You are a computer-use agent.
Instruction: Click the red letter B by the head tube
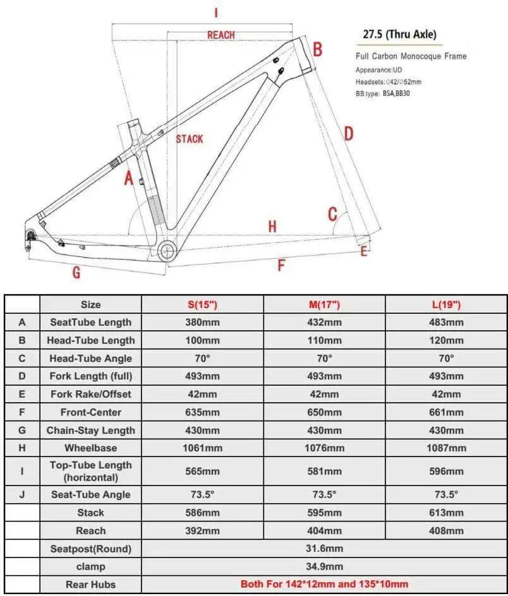pyautogui.click(x=318, y=49)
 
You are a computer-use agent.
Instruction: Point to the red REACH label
pyautogui.click(x=221, y=35)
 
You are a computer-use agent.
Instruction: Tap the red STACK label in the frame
pyautogui.click(x=190, y=139)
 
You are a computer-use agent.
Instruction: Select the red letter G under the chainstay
pyautogui.click(x=76, y=273)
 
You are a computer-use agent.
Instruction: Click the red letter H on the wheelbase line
pyautogui.click(x=272, y=227)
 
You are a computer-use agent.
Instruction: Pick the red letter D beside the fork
pyautogui.click(x=348, y=133)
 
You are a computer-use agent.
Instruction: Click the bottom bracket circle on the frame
pyautogui.click(x=167, y=251)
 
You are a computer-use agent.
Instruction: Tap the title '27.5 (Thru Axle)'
pyautogui.click(x=399, y=34)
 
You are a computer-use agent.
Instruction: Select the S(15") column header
pyautogui.click(x=202, y=304)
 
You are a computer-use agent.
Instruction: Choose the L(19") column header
pyautogui.click(x=446, y=304)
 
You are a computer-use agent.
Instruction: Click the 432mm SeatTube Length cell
pyautogui.click(x=324, y=322)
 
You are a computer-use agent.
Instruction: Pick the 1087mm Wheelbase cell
pyautogui.click(x=446, y=448)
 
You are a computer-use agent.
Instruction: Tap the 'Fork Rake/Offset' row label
pyautogui.click(x=90, y=394)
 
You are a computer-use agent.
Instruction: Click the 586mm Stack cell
pyautogui.click(x=202, y=513)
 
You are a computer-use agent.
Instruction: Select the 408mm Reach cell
pyautogui.click(x=446, y=531)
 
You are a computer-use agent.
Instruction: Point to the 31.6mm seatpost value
pyautogui.click(x=324, y=549)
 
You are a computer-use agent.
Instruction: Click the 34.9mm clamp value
pyautogui.click(x=324, y=566)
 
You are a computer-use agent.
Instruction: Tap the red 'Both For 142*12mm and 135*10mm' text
pyautogui.click(x=324, y=584)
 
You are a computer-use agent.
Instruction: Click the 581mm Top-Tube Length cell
pyautogui.click(x=324, y=471)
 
